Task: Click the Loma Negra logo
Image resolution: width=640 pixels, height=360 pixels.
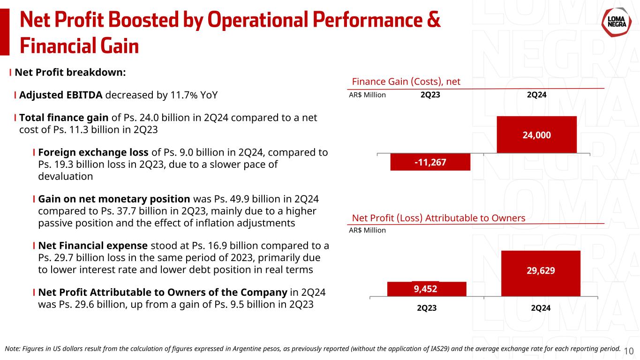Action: coord(616,23)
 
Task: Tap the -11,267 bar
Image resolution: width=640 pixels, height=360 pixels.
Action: coord(430,162)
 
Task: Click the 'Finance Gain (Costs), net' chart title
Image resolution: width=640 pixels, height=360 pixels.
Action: coord(406,82)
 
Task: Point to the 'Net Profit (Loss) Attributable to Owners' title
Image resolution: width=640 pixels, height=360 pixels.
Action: coord(438,218)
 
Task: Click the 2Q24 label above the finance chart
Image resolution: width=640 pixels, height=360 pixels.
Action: coord(536,95)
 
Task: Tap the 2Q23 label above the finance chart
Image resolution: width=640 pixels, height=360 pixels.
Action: coord(430,95)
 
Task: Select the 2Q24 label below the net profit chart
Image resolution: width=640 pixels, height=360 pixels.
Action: coord(541,308)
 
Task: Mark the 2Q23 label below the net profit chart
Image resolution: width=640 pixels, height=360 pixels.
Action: coord(427,308)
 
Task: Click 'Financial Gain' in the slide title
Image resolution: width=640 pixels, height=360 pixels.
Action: coord(79,46)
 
